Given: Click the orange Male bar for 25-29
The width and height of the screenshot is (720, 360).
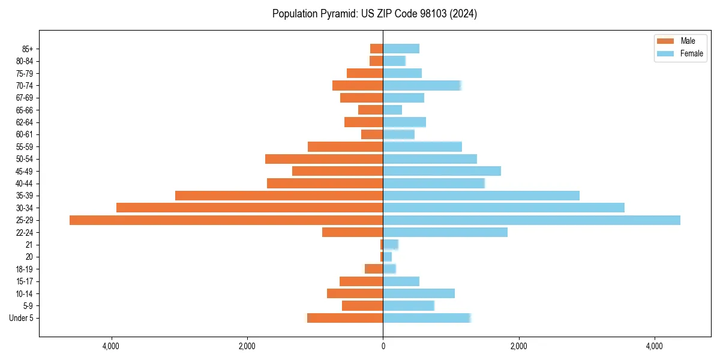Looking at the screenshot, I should click(x=226, y=220).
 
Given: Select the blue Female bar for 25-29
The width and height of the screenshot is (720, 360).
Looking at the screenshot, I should click(x=532, y=220).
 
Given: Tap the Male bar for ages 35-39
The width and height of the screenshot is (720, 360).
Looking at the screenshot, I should click(x=279, y=196).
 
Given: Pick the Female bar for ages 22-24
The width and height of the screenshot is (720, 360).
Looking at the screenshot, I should click(x=445, y=232).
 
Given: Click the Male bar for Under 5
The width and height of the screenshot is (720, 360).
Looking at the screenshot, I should click(x=345, y=318).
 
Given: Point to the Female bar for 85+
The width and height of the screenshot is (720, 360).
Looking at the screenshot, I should click(x=401, y=49).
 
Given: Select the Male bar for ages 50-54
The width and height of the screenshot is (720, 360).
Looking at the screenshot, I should click(x=324, y=159).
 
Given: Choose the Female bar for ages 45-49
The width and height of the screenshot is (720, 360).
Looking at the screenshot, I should click(x=442, y=171).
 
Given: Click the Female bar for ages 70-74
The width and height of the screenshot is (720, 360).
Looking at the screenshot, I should click(x=422, y=85).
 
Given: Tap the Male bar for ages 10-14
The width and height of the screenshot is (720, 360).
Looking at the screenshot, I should click(x=355, y=293).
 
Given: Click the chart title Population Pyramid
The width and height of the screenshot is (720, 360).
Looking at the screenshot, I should click(x=374, y=14).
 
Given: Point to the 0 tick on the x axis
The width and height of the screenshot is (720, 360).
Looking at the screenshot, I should click(x=383, y=346).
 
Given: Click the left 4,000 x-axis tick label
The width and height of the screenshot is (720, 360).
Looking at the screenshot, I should click(x=111, y=346).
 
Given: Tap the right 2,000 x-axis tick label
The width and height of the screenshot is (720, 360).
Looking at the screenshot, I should click(x=518, y=346).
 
